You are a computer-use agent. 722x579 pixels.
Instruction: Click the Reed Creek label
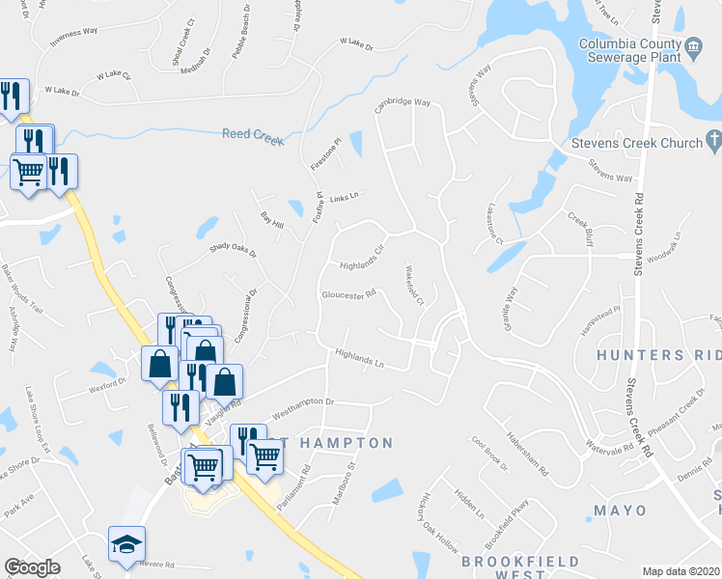[252, 136]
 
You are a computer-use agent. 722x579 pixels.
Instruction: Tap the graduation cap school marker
[126, 546]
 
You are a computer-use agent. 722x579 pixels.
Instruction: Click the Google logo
[32, 567]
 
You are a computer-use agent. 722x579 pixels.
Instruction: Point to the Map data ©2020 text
[681, 571]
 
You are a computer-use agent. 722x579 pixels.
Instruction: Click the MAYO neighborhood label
[620, 510]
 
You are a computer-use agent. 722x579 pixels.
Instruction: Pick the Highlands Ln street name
[359, 359]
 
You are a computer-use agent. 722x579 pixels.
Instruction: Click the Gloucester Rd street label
[348, 296]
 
